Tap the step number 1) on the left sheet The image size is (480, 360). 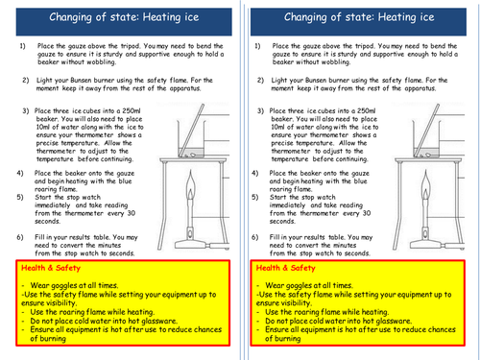23,46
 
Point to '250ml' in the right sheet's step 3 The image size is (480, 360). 366,110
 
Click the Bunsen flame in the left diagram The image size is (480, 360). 191,183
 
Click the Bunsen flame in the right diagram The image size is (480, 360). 425,183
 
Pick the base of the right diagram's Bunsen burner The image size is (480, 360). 427,245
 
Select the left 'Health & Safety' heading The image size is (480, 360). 51,268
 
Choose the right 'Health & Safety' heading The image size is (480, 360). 285,268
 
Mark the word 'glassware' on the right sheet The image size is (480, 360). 394,321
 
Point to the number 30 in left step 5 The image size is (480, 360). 132,213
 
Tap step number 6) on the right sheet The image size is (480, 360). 254,237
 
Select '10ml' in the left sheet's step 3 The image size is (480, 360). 43,127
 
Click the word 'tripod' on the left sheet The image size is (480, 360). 130,46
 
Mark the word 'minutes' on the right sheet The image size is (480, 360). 344,246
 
